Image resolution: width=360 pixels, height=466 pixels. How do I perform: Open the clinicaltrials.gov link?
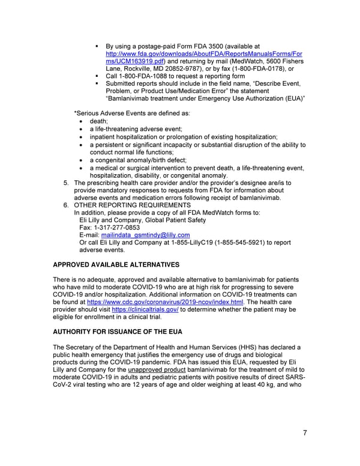coord(150,309)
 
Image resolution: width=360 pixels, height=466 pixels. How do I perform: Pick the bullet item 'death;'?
coord(99,121)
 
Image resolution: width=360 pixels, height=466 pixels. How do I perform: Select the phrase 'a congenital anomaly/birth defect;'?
coord(138,160)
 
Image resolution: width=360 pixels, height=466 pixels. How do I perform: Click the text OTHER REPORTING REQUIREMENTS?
coord(132,205)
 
